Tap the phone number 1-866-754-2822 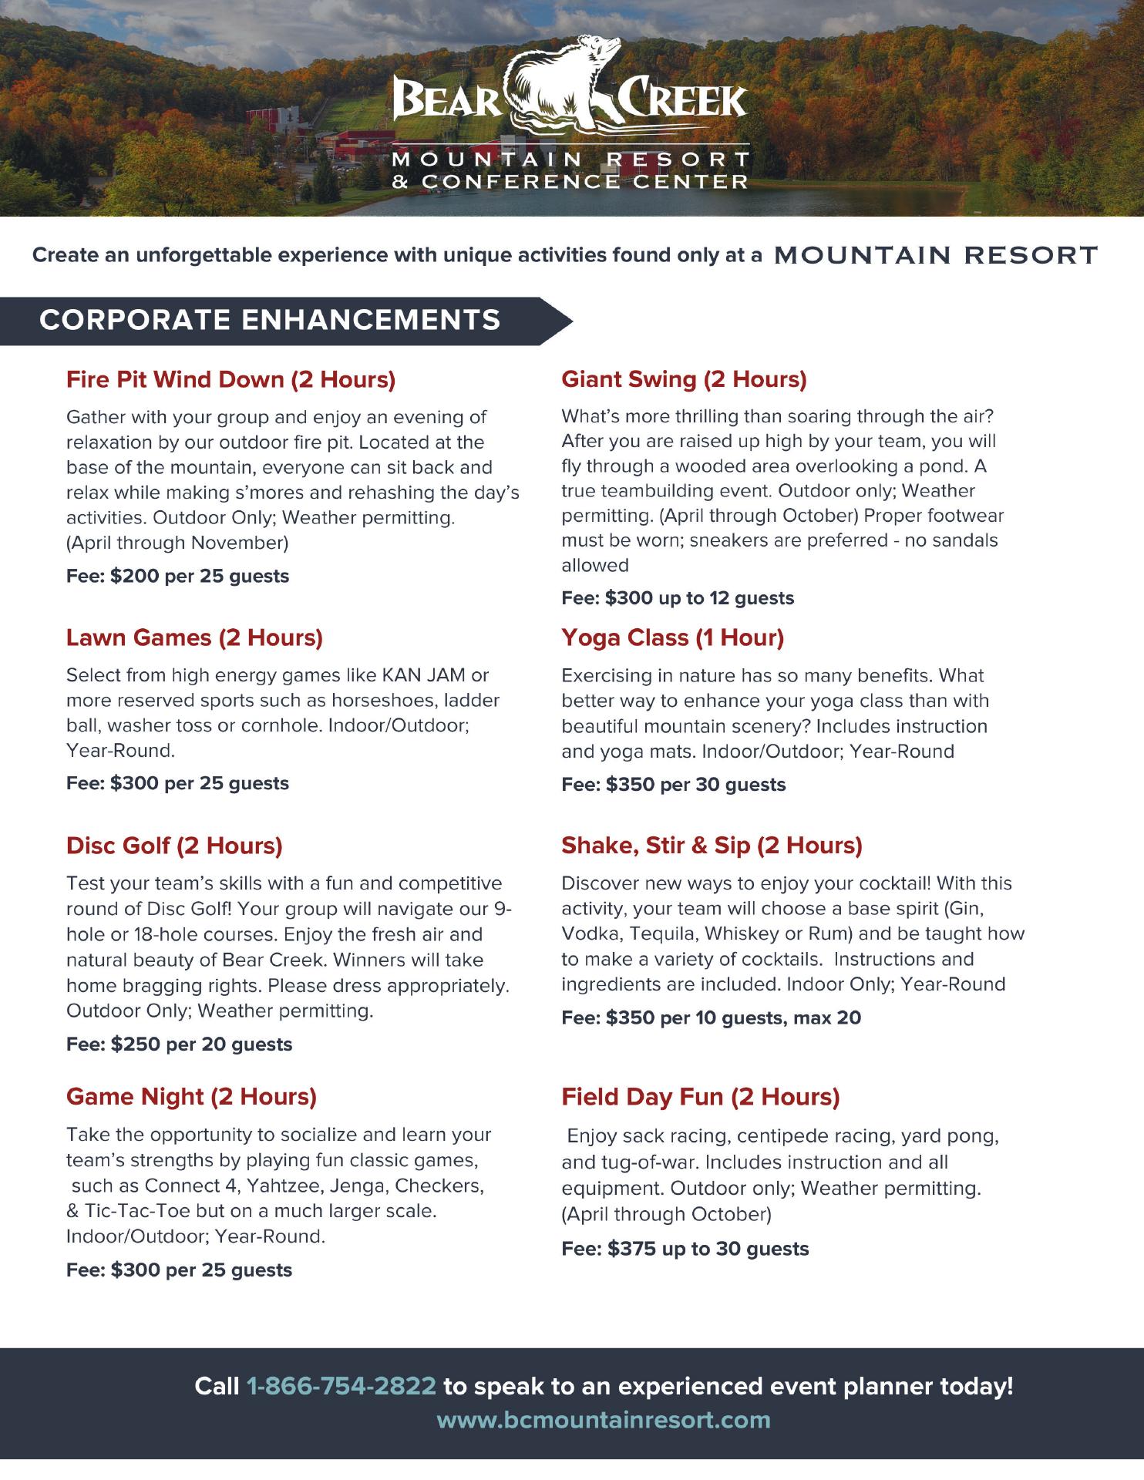point(341,1386)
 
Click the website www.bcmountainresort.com point(604,1420)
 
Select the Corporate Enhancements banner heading point(270,320)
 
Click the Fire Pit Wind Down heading point(230,379)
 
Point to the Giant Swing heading point(684,378)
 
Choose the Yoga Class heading point(672,637)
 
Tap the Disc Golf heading point(174,846)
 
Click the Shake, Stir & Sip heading point(712,846)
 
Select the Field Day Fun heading point(700,1096)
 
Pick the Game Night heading point(191,1096)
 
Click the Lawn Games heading point(194,637)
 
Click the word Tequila point(661,933)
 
